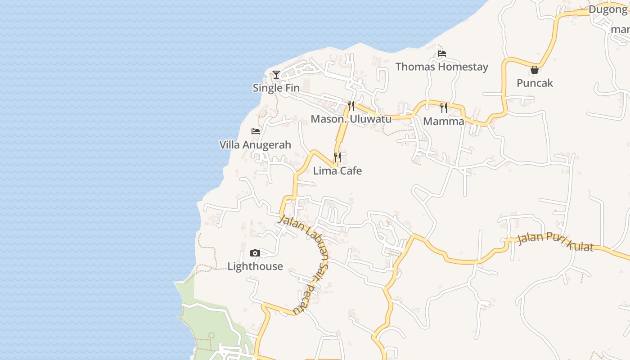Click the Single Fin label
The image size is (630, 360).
point(276,88)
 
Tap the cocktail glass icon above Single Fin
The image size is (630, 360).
point(276,75)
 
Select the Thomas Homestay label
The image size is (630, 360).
point(441,67)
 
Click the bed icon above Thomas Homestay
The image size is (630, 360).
point(442,54)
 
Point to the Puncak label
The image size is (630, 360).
point(535,83)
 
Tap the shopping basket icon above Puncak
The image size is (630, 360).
point(535,70)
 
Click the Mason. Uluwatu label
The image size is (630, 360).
point(351,119)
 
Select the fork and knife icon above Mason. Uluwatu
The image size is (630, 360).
point(351,106)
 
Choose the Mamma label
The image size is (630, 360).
point(444,121)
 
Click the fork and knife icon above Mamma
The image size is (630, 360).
point(444,108)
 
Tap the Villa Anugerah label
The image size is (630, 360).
point(255,145)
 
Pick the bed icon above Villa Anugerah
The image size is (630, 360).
point(256,131)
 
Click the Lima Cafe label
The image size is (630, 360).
point(337,171)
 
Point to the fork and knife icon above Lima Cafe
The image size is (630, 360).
point(337,157)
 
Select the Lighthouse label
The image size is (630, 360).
point(255,266)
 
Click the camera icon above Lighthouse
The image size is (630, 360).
point(255,253)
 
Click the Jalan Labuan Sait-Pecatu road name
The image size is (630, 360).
point(310,261)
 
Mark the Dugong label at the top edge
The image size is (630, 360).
point(607,9)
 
